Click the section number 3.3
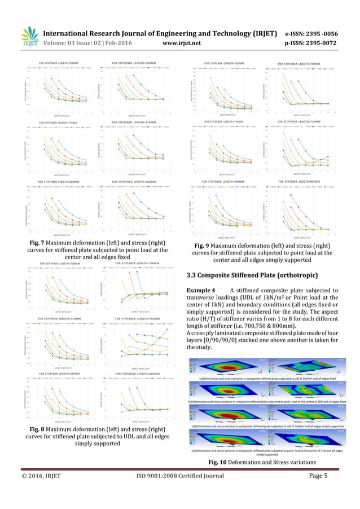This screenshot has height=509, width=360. tap(192, 275)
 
